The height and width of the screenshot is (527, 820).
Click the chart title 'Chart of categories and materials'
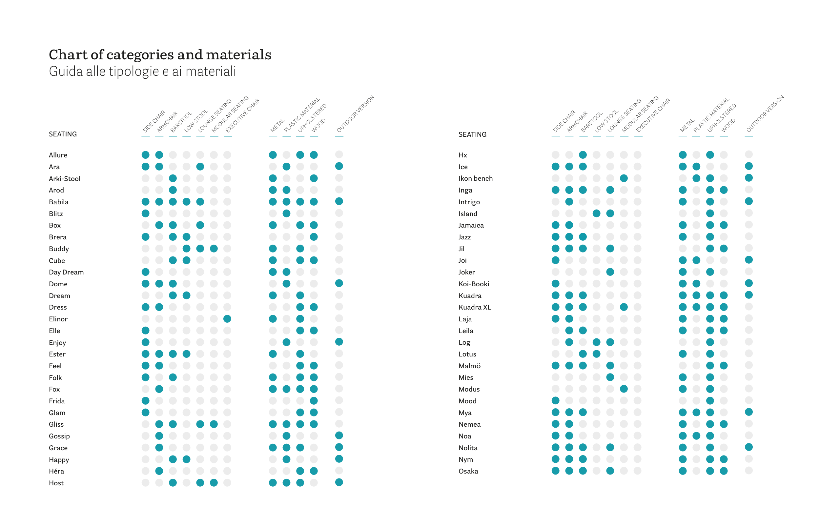160,55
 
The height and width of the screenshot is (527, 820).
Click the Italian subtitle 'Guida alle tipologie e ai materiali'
142,71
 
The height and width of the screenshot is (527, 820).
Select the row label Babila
58,202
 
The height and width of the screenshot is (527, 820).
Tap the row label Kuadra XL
474,307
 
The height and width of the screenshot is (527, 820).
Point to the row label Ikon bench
475,178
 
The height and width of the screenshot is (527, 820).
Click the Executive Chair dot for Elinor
227,319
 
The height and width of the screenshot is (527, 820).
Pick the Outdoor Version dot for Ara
339,166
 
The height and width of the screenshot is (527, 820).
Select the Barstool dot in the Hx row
583,155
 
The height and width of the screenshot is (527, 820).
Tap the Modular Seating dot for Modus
624,389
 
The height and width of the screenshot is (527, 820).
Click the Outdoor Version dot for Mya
748,412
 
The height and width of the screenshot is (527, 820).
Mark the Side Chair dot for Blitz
145,213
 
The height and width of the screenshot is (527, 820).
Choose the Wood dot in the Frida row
314,401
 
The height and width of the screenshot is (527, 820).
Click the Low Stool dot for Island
596,213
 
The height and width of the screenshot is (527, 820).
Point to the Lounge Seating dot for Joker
610,272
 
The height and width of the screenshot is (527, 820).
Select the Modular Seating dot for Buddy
214,249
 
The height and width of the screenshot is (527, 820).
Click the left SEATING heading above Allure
63,134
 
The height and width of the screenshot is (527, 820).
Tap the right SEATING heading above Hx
472,134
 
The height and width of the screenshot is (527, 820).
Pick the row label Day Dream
66,272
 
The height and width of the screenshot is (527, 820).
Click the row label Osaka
468,471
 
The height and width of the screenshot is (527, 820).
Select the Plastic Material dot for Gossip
286,436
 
